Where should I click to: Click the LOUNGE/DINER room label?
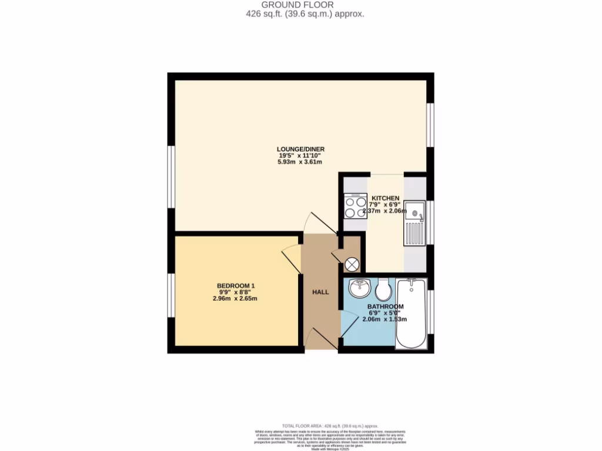click(x=301, y=149)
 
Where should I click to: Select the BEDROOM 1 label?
click(x=235, y=286)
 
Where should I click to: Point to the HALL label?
click(x=320, y=292)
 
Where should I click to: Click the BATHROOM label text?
click(x=386, y=307)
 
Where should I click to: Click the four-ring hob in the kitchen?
click(x=355, y=207)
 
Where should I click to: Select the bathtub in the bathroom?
click(x=412, y=315)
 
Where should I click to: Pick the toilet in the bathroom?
click(x=383, y=288)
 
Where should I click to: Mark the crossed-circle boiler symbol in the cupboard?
click(x=352, y=264)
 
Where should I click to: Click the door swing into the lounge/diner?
click(x=314, y=223)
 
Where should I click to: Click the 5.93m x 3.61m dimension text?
click(x=301, y=162)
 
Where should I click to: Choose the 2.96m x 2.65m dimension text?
click(x=235, y=299)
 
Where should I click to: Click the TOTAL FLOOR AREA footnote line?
click(x=329, y=426)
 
